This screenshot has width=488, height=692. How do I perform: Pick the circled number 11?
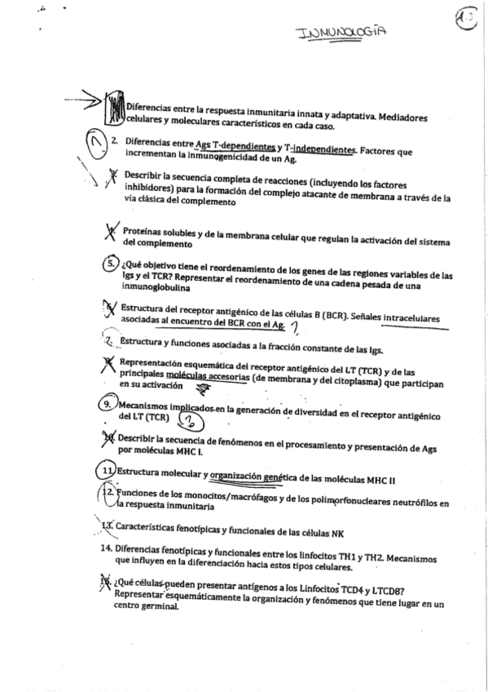pos(106,472)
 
